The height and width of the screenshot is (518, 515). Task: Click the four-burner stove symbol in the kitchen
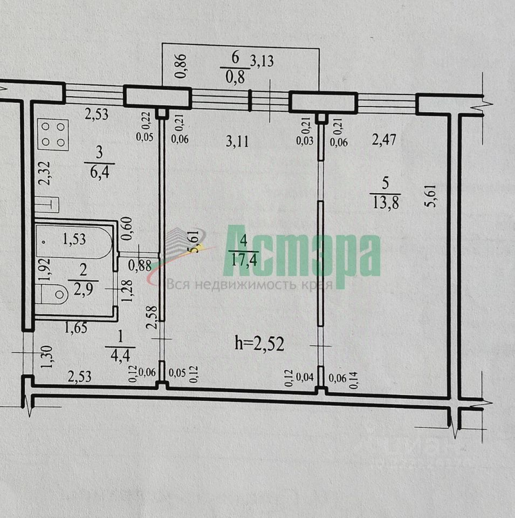53,134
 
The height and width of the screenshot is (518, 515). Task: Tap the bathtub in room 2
74,241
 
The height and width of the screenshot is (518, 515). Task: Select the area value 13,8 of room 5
386,203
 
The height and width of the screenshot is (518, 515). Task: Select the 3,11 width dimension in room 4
237,142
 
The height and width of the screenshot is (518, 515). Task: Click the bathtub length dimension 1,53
73,238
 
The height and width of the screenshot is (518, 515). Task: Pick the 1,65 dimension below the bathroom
77,327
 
